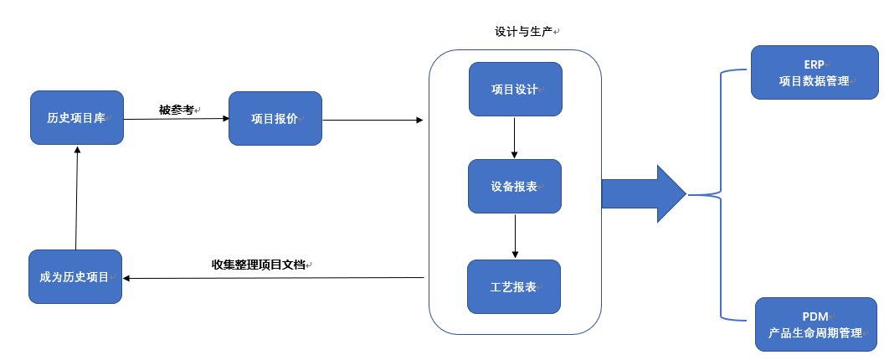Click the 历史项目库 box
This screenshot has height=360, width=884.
77,117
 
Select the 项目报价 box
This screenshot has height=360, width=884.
275,119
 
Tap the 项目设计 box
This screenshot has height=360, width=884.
516,89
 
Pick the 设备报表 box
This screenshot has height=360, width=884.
515,186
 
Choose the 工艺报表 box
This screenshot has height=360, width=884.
514,286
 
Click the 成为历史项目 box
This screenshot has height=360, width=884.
75,276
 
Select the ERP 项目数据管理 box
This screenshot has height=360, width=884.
815,72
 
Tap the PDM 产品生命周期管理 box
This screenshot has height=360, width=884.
816,325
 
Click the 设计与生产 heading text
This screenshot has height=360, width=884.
524,32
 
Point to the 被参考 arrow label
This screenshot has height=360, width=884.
177,110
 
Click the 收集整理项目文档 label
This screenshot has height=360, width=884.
258,264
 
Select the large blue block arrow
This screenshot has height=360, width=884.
644,193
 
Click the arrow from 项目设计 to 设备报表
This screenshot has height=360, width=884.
514,137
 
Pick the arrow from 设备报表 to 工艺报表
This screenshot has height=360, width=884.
515,236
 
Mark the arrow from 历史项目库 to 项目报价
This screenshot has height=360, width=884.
177,119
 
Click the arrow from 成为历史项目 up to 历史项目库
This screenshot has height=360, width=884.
77,198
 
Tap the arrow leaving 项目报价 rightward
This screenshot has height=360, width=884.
373,120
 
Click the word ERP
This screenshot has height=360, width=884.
814,64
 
